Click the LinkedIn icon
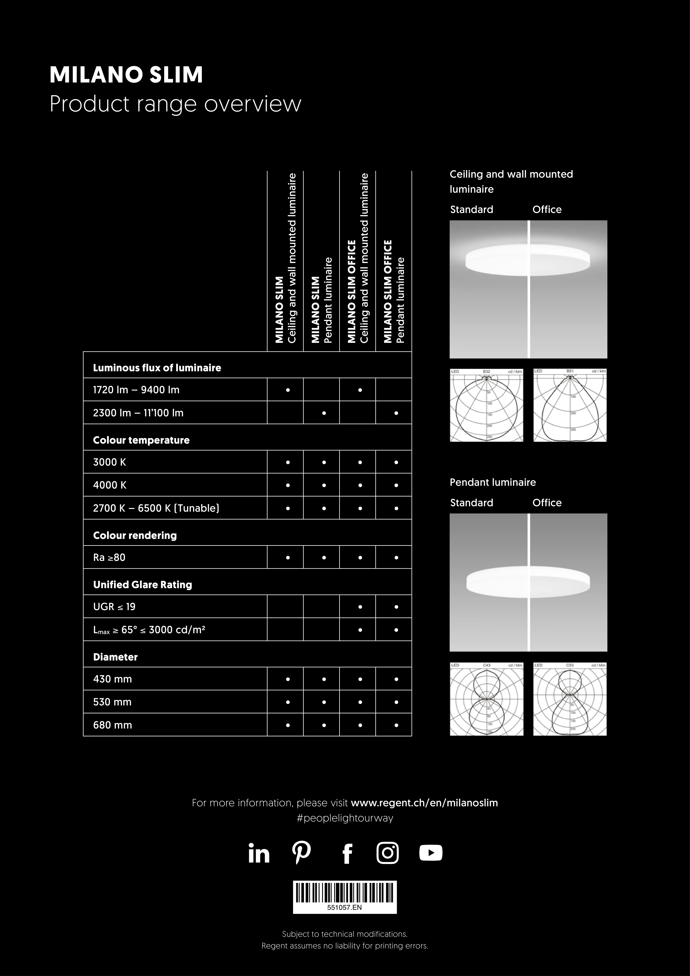(259, 853)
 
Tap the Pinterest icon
(302, 853)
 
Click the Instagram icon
(388, 853)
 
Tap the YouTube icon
(431, 853)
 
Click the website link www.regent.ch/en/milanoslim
(424, 803)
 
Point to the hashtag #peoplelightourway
(345, 818)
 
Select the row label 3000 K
(110, 462)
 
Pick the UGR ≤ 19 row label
(114, 607)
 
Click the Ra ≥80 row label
(109, 557)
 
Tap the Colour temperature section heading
(141, 440)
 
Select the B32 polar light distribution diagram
(486, 405)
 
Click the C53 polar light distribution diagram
(570, 699)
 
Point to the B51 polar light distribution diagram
(570, 405)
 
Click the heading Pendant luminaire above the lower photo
(493, 482)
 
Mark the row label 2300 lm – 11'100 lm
(138, 413)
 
